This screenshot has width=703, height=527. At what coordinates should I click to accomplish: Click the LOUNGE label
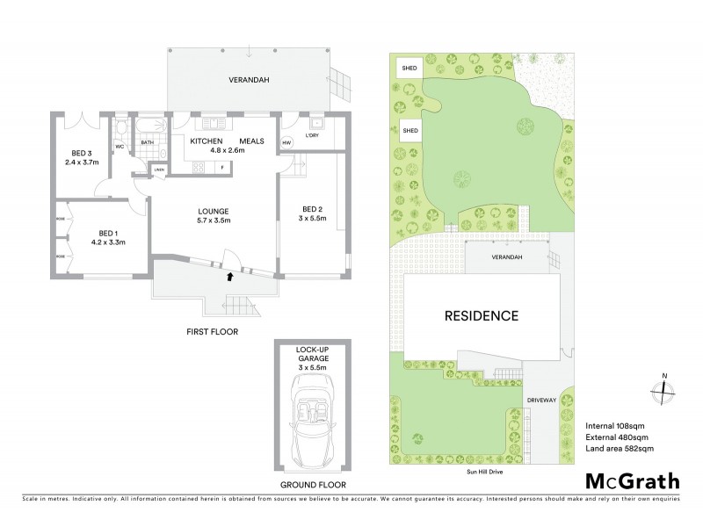point(214,211)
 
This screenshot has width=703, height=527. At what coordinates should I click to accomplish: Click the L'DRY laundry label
point(312,136)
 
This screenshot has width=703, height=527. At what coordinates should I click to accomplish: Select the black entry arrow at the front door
point(230,276)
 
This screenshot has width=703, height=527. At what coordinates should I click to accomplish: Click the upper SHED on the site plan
point(409,67)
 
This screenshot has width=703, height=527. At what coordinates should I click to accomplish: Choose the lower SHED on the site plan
point(409,131)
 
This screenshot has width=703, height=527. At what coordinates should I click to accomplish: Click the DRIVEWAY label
point(542,401)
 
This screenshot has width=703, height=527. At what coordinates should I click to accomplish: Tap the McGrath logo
point(632,481)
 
